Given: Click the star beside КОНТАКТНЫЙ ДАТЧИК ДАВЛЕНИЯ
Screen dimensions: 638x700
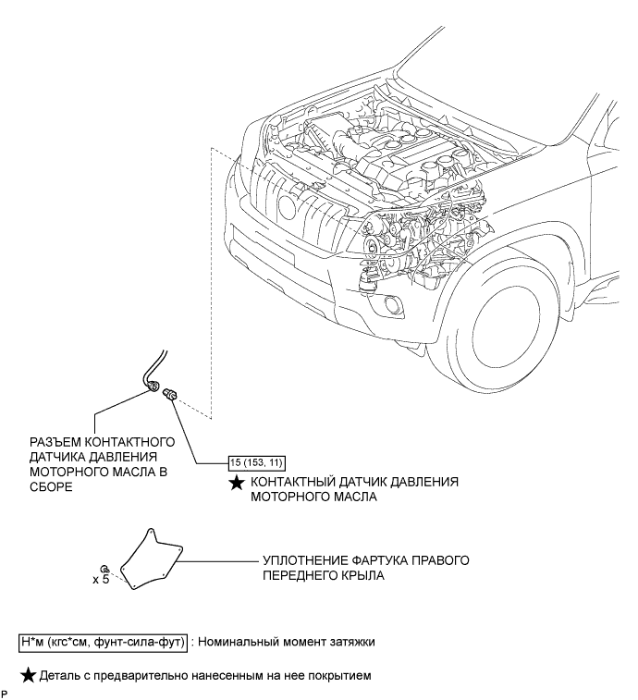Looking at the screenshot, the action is (236, 483).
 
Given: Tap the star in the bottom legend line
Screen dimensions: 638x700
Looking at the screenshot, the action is (28, 676).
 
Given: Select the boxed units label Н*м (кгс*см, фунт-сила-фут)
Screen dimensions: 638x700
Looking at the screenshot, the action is (104, 643).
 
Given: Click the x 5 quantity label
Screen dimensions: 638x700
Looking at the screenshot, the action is (101, 580).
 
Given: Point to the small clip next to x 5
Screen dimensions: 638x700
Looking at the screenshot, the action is (105, 569).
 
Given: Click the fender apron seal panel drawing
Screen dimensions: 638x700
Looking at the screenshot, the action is (152, 559).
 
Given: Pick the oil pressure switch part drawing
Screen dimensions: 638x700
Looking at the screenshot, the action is (170, 394).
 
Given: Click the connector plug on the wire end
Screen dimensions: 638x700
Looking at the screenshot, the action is (153, 385).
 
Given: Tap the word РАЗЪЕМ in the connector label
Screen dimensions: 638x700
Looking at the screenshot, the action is (55, 442).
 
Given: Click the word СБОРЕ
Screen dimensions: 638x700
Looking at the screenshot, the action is (51, 486).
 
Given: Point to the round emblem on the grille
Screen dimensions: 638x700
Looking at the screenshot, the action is (287, 206).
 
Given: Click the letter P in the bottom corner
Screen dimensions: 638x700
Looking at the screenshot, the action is (4, 694).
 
